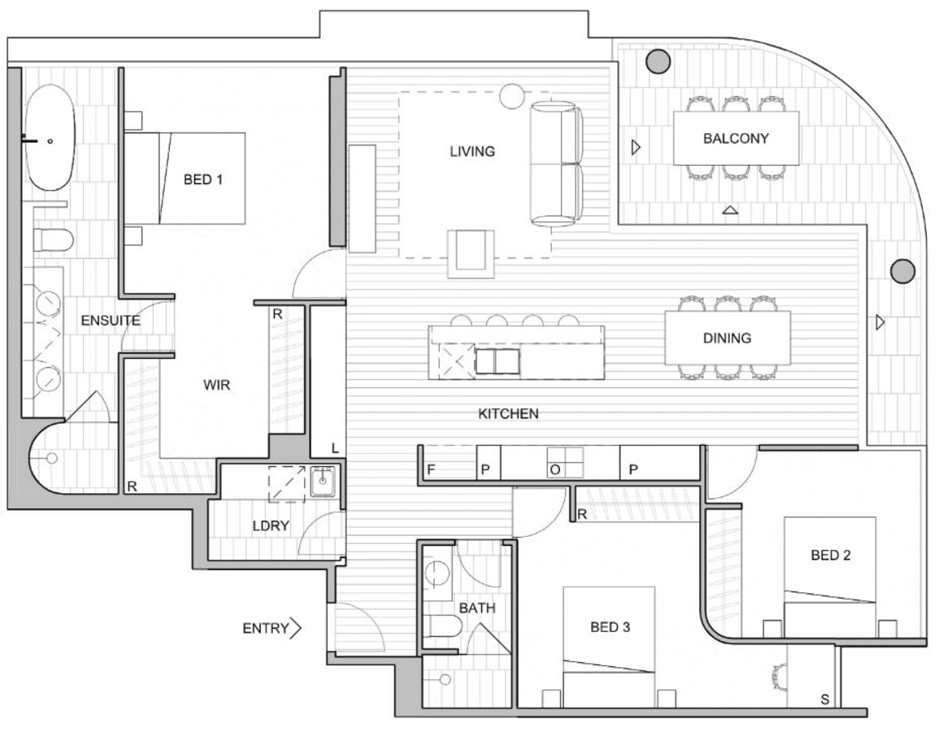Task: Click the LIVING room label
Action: pos(472,151)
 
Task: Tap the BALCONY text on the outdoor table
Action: pos(736,138)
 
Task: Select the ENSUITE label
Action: pos(111,321)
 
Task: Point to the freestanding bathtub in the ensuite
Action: pos(50,139)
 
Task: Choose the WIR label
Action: pos(216,385)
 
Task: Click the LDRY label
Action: pos(271,525)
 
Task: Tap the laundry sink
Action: pos(324,482)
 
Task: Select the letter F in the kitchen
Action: pos(431,469)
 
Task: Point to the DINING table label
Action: pos(728,338)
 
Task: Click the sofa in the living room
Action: pos(557,164)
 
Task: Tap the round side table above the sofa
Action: pos(513,96)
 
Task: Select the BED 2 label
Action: pos(830,556)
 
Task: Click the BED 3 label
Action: pos(610,627)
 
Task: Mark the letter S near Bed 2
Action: pos(824,700)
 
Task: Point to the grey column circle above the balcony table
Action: pos(658,61)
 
